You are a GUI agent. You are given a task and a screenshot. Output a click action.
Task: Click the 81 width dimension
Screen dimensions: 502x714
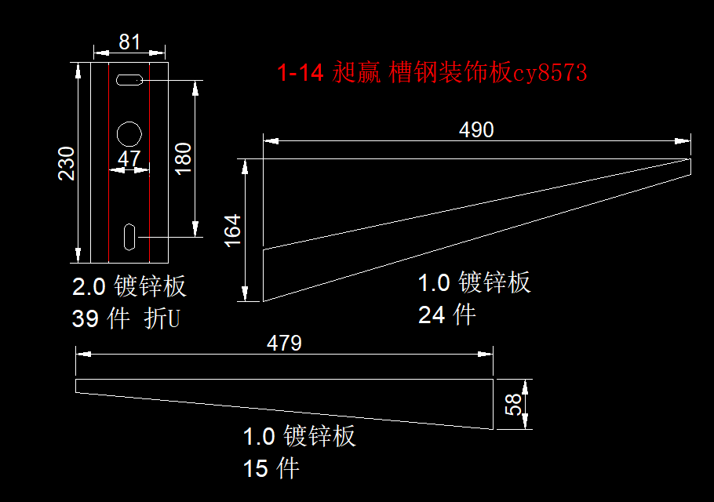click(129, 42)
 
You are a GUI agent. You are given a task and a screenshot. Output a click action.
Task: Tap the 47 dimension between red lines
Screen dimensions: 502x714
click(129, 159)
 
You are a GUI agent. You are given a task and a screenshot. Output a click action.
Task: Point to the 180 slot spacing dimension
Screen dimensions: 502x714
click(182, 158)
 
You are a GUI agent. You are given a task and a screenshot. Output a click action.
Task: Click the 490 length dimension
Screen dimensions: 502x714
click(476, 130)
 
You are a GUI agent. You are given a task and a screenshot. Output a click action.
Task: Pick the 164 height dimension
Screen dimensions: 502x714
click(233, 231)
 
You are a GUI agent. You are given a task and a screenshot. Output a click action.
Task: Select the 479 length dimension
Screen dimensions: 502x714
click(284, 343)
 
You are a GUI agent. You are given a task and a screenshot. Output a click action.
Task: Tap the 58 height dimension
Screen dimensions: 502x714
click(513, 405)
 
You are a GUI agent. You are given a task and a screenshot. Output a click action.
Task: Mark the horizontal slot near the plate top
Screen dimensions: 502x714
click(129, 79)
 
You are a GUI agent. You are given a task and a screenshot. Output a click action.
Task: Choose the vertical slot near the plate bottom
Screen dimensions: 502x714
click(129, 235)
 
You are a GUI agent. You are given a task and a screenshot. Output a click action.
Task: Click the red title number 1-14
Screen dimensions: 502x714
click(301, 74)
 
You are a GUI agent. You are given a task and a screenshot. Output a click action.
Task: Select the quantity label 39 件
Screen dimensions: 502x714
click(100, 319)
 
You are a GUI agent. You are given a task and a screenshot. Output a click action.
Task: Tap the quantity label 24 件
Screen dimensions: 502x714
click(446, 315)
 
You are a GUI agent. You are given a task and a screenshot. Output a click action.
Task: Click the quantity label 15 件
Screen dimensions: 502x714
click(271, 469)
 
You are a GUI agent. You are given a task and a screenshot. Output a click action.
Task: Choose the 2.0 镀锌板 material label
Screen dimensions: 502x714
click(129, 286)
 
